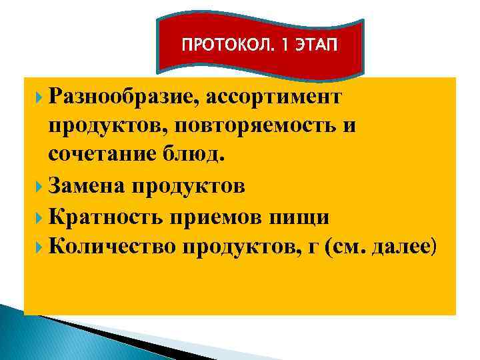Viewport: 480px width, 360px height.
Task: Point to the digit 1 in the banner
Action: click(x=283, y=46)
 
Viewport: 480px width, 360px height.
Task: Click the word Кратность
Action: click(x=110, y=217)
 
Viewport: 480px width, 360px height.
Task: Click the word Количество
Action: click(x=113, y=247)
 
